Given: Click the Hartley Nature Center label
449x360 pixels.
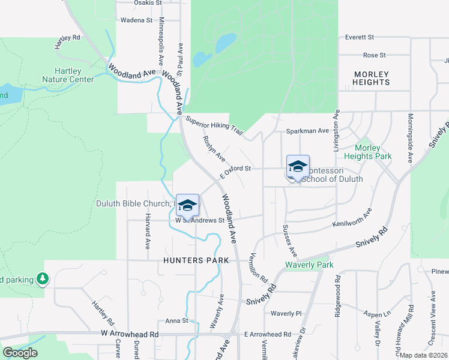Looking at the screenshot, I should [x=68, y=75].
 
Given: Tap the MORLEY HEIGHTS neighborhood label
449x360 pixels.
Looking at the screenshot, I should [x=371, y=79].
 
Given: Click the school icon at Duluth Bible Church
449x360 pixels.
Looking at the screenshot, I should [x=188, y=204].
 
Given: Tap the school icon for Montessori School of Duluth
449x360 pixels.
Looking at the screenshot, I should [x=298, y=166].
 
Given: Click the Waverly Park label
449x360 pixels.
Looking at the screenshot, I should [x=309, y=265].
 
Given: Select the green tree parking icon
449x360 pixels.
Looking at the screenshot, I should [x=42, y=278].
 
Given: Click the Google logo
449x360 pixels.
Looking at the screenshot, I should [x=20, y=353].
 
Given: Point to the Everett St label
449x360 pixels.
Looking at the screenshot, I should [x=360, y=37].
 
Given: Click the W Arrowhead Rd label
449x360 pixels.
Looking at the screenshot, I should [x=130, y=333].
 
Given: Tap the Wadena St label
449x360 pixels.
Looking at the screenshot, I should [x=137, y=20].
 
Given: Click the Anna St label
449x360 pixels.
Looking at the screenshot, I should [x=177, y=320].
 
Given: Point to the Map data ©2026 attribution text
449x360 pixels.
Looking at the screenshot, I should [x=424, y=355].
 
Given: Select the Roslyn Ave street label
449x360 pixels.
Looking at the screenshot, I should [x=214, y=149].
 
